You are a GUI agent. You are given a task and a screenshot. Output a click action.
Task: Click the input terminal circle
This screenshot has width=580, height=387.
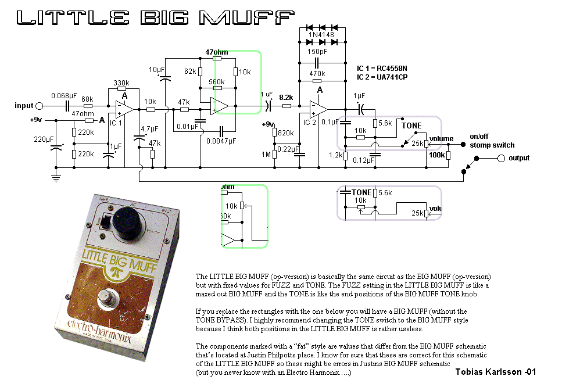pyautogui.click(x=39, y=106)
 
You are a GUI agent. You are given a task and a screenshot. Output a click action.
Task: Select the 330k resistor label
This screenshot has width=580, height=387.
pyautogui.click(x=121, y=83)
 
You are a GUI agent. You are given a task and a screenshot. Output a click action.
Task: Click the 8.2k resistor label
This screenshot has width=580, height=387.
pyautogui.click(x=287, y=97)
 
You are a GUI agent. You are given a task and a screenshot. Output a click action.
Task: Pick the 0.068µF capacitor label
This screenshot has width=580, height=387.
pyautogui.click(x=64, y=95)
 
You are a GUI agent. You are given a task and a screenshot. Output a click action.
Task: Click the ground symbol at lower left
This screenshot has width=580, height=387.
pyautogui.click(x=56, y=178)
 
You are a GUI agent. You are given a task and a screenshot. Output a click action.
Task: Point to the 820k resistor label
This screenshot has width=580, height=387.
pyautogui.click(x=285, y=133)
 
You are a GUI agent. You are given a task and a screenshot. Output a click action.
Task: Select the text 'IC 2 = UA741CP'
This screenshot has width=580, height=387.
pyautogui.click(x=382, y=77)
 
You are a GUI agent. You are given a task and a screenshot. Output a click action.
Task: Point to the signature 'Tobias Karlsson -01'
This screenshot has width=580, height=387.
pyautogui.click(x=495, y=372)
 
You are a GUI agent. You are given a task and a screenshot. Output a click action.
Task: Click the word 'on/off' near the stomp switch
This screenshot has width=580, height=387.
pyautogui.click(x=481, y=137)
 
